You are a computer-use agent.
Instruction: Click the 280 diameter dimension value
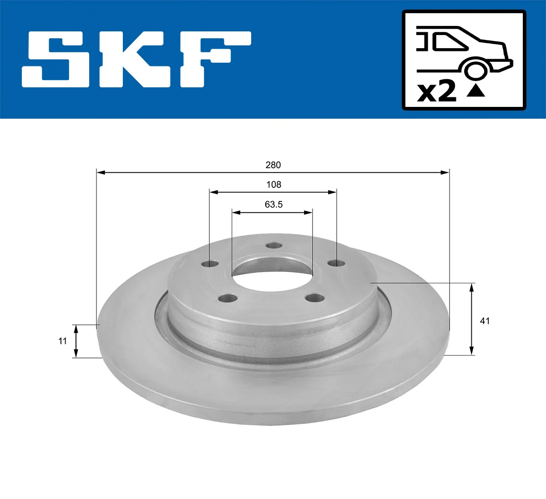click(x=273, y=165)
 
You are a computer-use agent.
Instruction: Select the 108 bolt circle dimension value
click(x=273, y=185)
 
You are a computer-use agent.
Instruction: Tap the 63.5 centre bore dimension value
click(x=273, y=205)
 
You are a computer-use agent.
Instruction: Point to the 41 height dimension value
click(x=485, y=321)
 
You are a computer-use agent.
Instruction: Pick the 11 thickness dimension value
click(x=63, y=341)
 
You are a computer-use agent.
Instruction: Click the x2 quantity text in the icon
click(x=437, y=92)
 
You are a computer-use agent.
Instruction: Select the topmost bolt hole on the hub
click(x=274, y=246)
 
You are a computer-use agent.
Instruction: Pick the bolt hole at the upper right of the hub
click(x=336, y=263)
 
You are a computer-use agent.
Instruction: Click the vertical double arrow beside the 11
click(x=76, y=341)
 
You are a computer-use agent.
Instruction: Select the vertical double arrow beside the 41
click(x=472, y=318)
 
